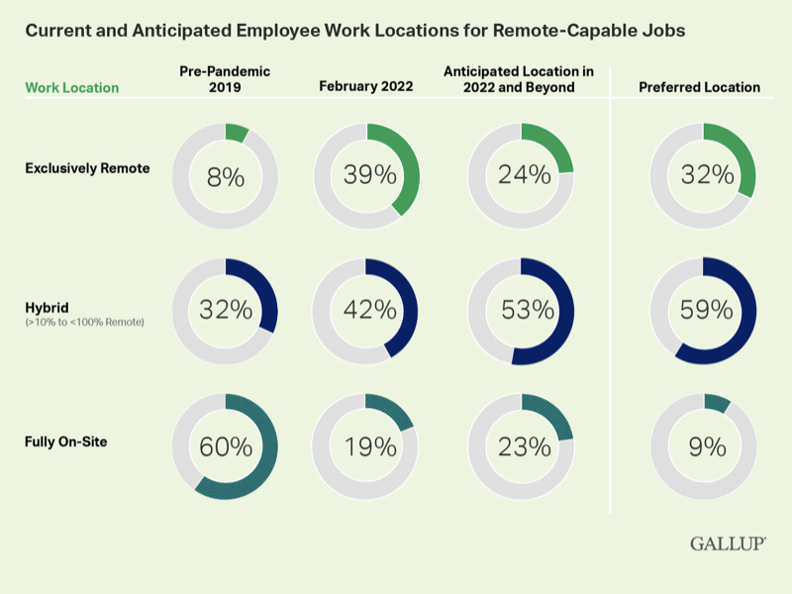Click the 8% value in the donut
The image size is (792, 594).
[225, 177]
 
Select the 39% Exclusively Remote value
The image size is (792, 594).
[368, 176]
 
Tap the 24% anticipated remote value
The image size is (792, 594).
[524, 176]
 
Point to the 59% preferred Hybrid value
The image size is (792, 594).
[707, 310]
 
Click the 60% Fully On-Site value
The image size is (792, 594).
[226, 446]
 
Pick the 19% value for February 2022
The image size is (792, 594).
[368, 446]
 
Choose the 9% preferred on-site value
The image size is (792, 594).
[707, 446]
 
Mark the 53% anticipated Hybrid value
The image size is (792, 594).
[524, 310]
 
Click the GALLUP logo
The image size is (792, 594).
[728, 544]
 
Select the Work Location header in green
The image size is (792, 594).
[71, 88]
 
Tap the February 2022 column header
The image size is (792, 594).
[368, 87]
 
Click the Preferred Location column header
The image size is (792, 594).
[699, 87]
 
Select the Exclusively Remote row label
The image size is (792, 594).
[87, 168]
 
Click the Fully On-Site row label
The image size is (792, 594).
[65, 442]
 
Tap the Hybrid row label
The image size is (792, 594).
[46, 308]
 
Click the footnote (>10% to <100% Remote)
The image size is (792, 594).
[85, 323]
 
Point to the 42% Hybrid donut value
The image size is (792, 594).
[368, 310]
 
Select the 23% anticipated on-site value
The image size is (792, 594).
[524, 446]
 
